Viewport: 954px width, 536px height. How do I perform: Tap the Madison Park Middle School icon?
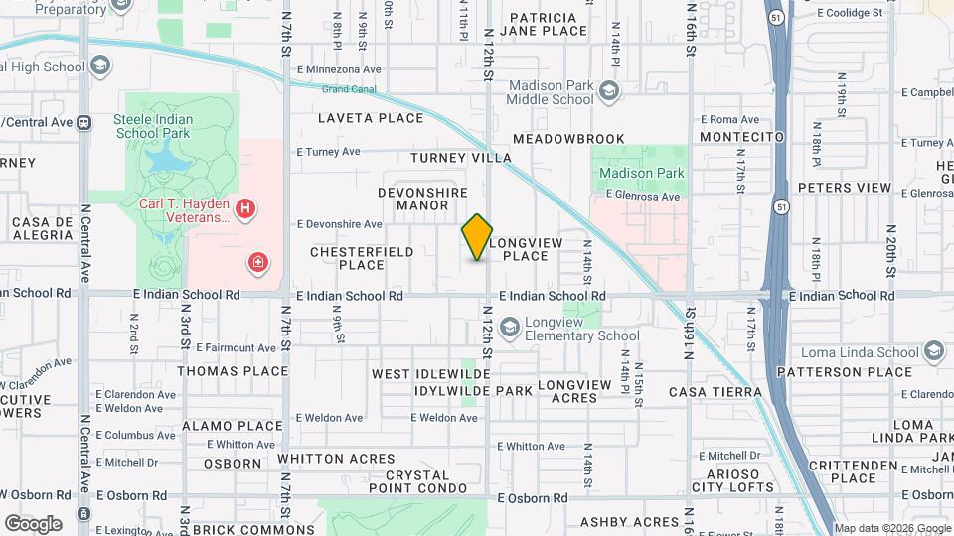(608, 92)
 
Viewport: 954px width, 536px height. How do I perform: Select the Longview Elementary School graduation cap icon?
(509, 327)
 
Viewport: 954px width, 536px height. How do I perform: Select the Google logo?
(33, 523)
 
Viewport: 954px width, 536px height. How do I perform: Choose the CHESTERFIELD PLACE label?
(362, 258)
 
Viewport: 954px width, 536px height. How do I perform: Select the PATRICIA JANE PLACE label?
(549, 24)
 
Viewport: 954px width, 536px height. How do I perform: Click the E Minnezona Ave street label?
(339, 70)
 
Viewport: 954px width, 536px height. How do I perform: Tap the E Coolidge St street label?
(850, 13)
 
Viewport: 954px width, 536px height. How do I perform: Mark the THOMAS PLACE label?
(233, 371)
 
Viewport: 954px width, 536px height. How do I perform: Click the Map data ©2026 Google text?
(891, 528)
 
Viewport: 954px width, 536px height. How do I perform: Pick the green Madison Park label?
(642, 173)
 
